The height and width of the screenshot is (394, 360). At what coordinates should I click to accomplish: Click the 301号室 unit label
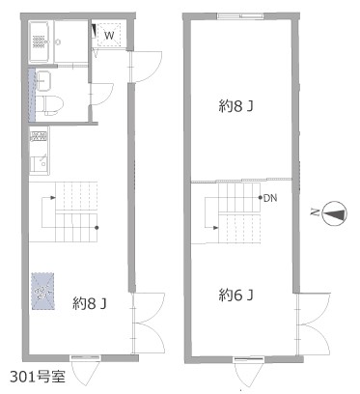(x=38, y=377)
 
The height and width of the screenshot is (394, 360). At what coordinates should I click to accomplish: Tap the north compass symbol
(x=335, y=213)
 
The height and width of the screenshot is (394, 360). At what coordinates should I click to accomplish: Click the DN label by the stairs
(x=270, y=198)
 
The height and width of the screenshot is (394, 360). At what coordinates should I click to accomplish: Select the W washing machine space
(x=109, y=35)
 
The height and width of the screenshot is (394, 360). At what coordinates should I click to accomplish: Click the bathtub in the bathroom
(x=40, y=42)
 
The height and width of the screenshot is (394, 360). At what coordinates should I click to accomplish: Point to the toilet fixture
(x=49, y=104)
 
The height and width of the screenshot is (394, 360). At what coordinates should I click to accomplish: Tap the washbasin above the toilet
(x=43, y=80)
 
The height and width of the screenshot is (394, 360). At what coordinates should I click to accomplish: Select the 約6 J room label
(x=235, y=295)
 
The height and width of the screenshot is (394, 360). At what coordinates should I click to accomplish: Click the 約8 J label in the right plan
(x=235, y=106)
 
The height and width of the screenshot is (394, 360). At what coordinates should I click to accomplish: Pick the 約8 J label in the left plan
(x=90, y=303)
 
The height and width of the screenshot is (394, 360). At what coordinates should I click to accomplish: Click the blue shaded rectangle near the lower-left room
(x=42, y=292)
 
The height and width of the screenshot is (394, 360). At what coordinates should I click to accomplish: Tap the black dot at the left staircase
(x=97, y=228)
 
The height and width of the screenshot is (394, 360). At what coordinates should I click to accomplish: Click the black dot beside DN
(x=261, y=198)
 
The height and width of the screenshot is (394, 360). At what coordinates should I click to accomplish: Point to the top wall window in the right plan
(x=240, y=15)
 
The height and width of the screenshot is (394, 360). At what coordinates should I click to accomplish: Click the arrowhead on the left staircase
(x=51, y=197)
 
